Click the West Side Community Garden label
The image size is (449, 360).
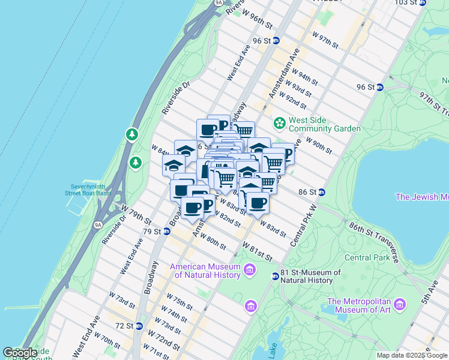(x=325, y=124)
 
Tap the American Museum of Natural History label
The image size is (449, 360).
(x=205, y=271)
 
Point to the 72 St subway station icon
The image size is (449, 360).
(x=139, y=326)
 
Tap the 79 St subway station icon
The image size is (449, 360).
(x=167, y=231)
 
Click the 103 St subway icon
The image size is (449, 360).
(x=422, y=2)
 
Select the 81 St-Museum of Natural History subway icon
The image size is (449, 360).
(x=275, y=277)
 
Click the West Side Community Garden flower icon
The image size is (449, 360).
(x=279, y=124)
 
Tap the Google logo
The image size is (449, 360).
(x=20, y=353)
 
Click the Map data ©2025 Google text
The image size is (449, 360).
(x=411, y=355)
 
